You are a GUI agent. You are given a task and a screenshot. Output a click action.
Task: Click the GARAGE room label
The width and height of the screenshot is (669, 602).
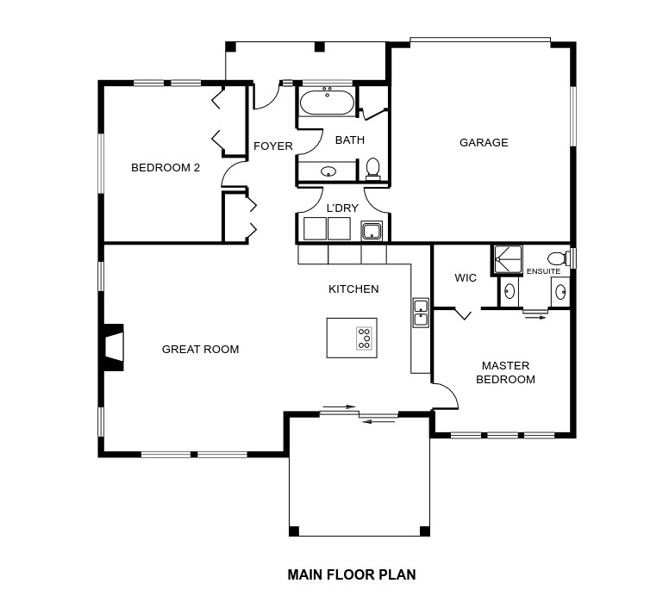pyautogui.click(x=484, y=142)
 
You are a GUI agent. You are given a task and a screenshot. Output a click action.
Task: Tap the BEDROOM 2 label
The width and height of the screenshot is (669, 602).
pyautogui.click(x=166, y=168)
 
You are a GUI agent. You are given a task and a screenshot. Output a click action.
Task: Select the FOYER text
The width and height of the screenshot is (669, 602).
pyautogui.click(x=273, y=146)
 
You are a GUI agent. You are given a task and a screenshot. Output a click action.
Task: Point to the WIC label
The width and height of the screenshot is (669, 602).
pyautogui.click(x=466, y=278)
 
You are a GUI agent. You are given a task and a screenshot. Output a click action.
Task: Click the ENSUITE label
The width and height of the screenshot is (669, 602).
pyautogui.click(x=543, y=271)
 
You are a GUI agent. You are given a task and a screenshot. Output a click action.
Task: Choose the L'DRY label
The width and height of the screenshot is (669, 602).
pyautogui.click(x=342, y=208)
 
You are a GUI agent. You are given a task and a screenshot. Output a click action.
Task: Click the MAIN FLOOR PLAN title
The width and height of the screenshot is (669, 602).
pyautogui.click(x=352, y=574)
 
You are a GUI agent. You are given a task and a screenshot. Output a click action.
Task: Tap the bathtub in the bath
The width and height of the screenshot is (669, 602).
pyautogui.click(x=328, y=102)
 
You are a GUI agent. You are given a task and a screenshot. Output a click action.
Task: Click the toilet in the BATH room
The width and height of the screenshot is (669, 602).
pyautogui.click(x=373, y=170)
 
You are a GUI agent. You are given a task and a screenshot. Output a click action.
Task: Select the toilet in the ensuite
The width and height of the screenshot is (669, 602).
pyautogui.click(x=559, y=258)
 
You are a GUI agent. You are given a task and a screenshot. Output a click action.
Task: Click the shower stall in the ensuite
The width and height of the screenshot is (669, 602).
pyautogui.click(x=508, y=260)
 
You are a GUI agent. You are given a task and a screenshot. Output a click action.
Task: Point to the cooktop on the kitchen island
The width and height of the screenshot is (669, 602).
pyautogui.click(x=364, y=338)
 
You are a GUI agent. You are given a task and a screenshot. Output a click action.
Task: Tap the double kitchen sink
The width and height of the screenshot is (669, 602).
pyautogui.click(x=421, y=313)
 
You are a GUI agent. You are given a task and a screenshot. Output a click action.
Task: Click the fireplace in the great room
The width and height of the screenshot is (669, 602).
pyautogui.click(x=112, y=347)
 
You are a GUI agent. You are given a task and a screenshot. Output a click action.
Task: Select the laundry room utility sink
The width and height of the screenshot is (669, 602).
pyautogui.click(x=372, y=231)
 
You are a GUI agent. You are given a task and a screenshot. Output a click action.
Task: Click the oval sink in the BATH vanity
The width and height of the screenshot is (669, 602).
pyautogui.click(x=328, y=172)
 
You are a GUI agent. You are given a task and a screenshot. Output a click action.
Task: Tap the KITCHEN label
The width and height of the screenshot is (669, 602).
pyautogui.click(x=353, y=289)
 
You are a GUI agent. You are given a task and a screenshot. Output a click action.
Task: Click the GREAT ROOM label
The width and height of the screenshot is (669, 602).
pyautogui.click(x=201, y=349)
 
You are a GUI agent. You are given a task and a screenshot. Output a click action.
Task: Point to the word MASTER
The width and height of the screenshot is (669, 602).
pyautogui.click(x=505, y=366)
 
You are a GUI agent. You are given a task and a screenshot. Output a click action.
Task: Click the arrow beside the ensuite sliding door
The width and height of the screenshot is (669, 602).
pyautogui.click(x=535, y=317)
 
